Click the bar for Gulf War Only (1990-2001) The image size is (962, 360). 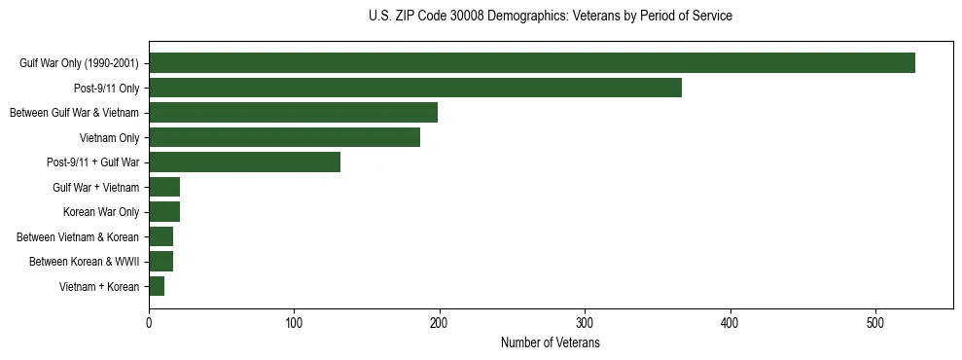(531, 63)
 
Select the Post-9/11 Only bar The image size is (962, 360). (414, 88)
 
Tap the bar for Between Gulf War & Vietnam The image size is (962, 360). (293, 113)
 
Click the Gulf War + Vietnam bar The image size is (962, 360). (164, 187)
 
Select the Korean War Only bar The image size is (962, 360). (164, 212)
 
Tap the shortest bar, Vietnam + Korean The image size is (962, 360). (157, 286)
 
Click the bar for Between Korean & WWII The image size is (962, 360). (160, 261)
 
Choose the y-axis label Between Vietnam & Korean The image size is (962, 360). (78, 236)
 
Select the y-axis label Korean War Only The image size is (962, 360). (101, 212)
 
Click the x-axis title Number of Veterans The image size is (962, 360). (550, 343)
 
